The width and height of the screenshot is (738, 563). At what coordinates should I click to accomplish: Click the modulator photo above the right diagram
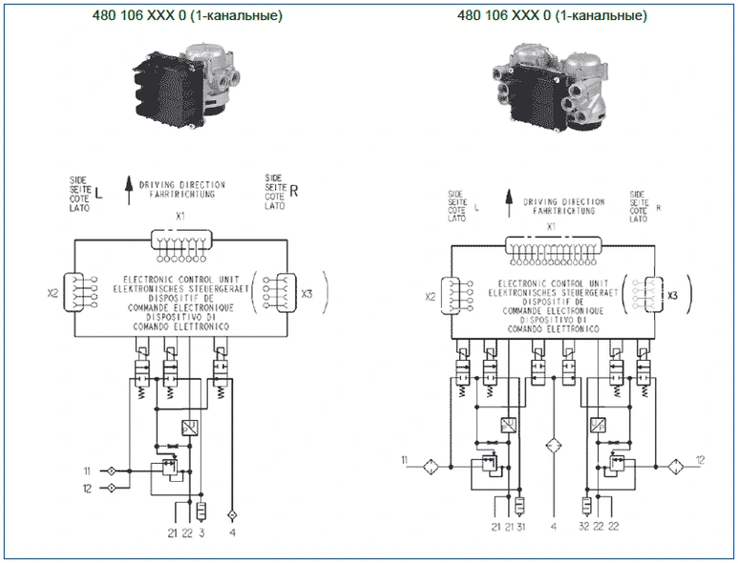[x=550, y=92]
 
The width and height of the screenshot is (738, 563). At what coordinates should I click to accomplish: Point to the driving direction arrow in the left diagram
[x=127, y=184]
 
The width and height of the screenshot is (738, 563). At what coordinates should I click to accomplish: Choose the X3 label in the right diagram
[x=672, y=295]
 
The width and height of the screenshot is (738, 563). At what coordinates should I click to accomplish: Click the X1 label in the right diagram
[x=550, y=227]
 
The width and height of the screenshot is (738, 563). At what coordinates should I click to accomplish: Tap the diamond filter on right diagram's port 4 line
[x=553, y=446]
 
